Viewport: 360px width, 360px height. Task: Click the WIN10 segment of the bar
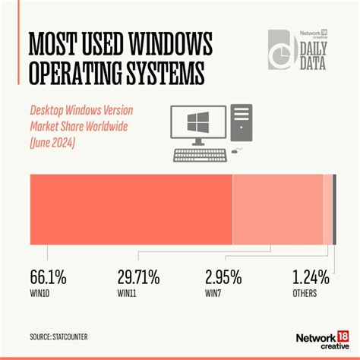coord(130,209)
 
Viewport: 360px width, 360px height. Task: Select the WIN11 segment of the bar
coord(277,209)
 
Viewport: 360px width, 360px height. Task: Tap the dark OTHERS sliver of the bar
coord(334,209)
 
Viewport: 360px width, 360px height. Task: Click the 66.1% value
coord(48,277)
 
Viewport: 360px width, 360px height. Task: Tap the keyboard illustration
coord(201,155)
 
